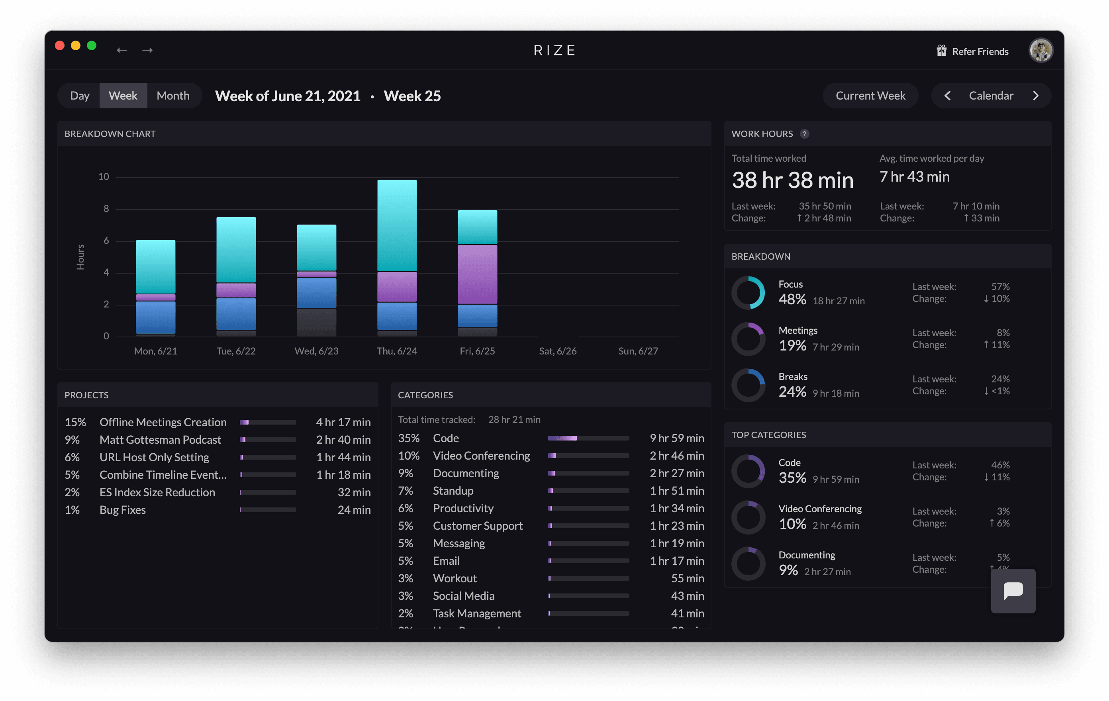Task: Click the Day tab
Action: coord(79,96)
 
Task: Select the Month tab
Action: coord(173,96)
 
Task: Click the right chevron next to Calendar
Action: coord(1035,96)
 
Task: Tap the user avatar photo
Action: coord(1040,50)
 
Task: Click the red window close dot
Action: coord(60,45)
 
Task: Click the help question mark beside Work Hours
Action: coord(804,134)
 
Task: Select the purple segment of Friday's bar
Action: coord(477,274)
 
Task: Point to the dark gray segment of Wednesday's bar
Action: coord(316,322)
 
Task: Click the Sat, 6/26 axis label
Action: coord(557,351)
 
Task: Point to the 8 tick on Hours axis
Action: coord(106,209)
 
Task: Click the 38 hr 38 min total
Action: coord(792,180)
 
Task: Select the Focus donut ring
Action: coord(748,292)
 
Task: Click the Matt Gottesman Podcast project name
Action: coord(160,439)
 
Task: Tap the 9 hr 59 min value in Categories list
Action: coord(676,438)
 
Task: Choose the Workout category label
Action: coord(455,578)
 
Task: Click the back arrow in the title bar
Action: coord(121,50)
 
